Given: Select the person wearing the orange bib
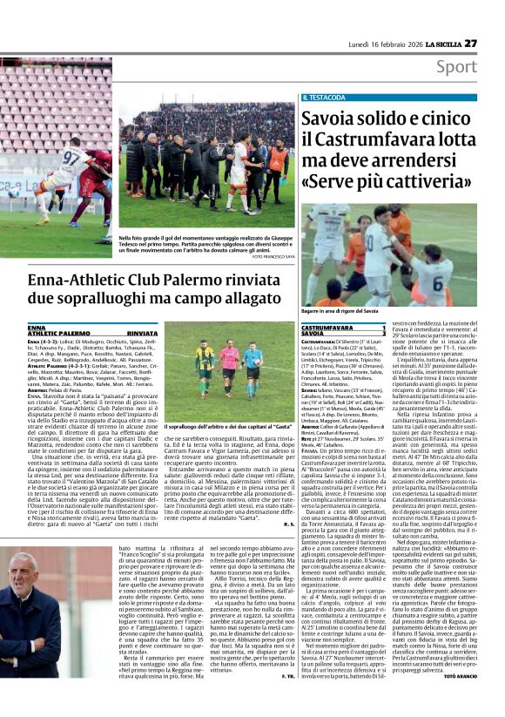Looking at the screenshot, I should (277, 161).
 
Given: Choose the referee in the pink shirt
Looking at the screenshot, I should (230, 363).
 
